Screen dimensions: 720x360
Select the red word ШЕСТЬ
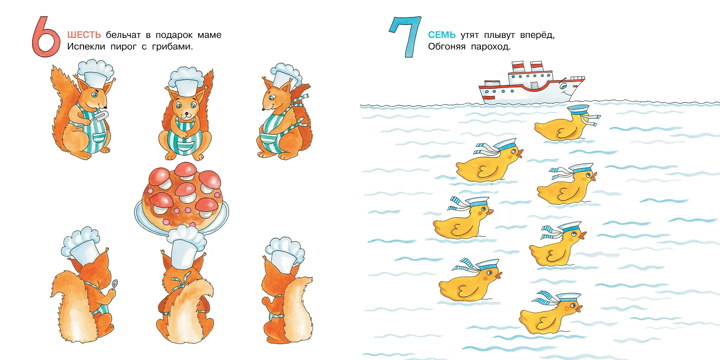click(84, 35)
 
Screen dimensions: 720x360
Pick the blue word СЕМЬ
click(442, 35)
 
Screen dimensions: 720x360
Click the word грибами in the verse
click(172, 47)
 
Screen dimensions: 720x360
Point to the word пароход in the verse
click(491, 47)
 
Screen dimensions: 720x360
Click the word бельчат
click(123, 35)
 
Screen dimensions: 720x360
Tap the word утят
click(469, 35)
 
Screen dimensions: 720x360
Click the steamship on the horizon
click(532, 83)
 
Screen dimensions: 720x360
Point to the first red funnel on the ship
click(518, 67)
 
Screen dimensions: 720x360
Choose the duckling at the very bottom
click(549, 313)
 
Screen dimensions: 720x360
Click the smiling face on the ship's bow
click(563, 86)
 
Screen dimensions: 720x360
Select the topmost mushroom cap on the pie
click(186, 169)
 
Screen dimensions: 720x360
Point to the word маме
click(210, 35)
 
